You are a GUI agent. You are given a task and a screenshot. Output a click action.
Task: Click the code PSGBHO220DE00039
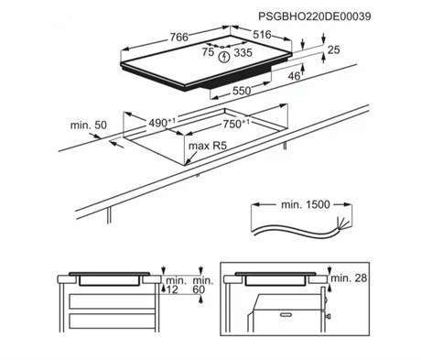tap(315, 16)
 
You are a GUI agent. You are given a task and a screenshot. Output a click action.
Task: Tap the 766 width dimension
tap(179, 37)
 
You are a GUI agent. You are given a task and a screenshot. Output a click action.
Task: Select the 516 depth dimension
tap(262, 35)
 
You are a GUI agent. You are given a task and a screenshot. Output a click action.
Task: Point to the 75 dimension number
tap(208, 52)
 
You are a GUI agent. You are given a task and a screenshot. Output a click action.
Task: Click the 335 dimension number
tap(243, 52)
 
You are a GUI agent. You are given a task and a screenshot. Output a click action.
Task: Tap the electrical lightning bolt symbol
tap(224, 57)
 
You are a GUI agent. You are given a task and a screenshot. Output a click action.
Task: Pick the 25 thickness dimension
tap(333, 49)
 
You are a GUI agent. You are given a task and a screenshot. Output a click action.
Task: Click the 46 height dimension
tap(295, 76)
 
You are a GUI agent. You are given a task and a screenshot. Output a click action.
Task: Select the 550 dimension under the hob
tap(242, 91)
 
